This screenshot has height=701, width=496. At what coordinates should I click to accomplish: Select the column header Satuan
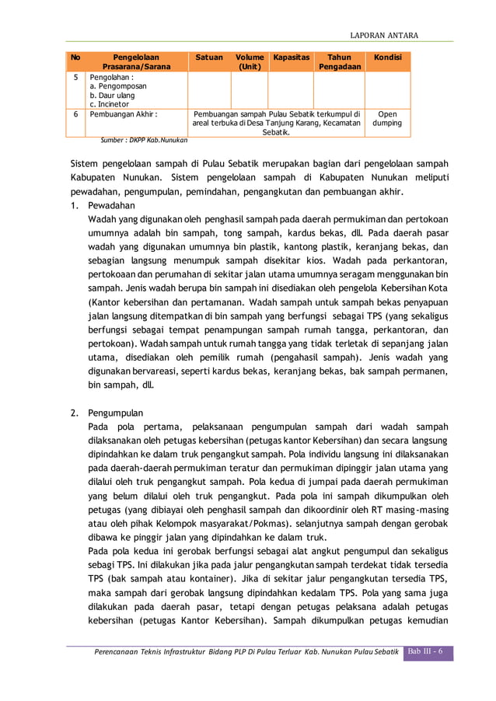tap(208, 58)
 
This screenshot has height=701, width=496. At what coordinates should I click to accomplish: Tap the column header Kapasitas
tap(291, 58)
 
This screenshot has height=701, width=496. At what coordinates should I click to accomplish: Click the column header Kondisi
tap(387, 58)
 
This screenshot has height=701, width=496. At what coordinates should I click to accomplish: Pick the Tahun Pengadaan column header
tap(338, 62)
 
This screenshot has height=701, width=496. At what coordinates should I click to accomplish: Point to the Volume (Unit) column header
tap(250, 62)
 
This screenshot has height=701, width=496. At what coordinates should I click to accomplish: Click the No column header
tap(75, 58)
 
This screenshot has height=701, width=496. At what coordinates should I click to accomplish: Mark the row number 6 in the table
tap(75, 113)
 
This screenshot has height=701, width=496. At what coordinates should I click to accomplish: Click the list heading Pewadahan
tap(111, 206)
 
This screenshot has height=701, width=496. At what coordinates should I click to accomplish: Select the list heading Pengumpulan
tap(115, 413)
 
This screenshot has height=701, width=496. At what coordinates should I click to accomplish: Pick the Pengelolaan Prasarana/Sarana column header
tap(136, 62)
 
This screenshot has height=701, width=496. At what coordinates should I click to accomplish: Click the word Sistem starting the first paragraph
tap(85, 163)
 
